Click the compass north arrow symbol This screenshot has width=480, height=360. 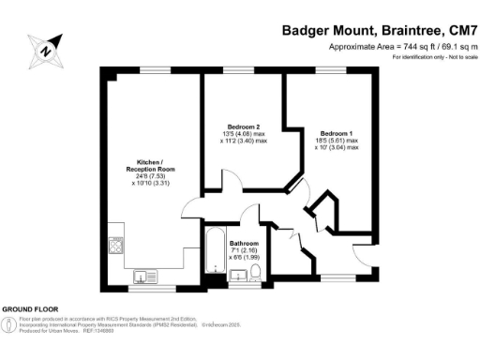pyautogui.click(x=47, y=45)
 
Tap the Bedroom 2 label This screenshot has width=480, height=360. pyautogui.click(x=244, y=127)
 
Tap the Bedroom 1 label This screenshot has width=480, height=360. pyautogui.click(x=336, y=132)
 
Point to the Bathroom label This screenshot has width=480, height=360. pyautogui.click(x=244, y=243)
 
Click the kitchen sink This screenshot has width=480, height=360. pyautogui.click(x=147, y=276)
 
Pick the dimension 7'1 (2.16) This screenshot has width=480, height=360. pyautogui.click(x=243, y=251)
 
